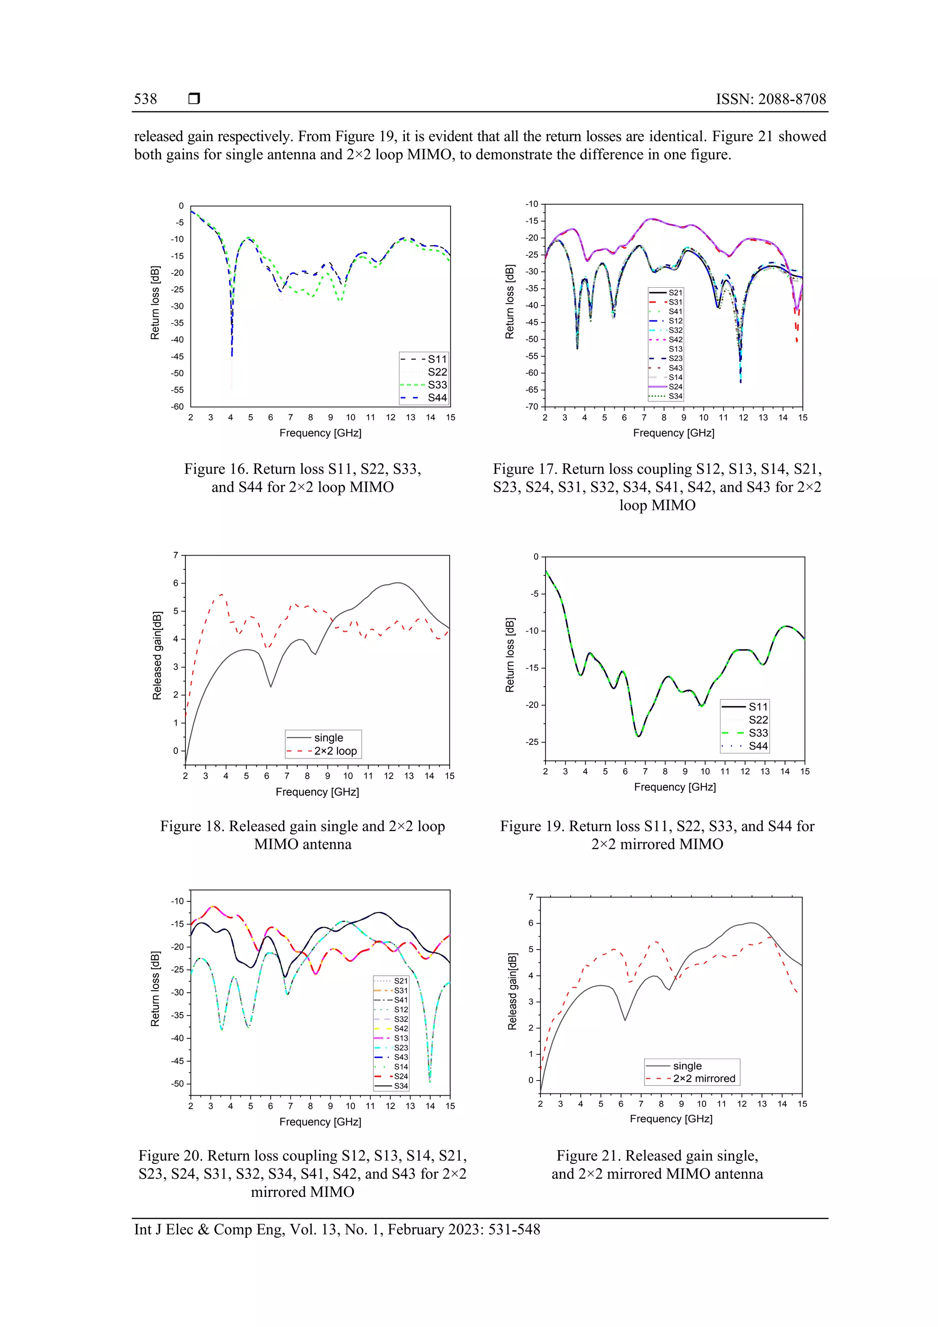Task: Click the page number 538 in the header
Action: (x=145, y=99)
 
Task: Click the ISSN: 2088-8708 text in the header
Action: (x=770, y=99)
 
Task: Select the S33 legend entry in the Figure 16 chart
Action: (x=437, y=385)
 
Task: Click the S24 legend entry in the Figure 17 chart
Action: (x=675, y=387)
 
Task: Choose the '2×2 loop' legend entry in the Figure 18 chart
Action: (x=335, y=751)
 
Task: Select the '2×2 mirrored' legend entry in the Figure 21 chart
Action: (x=703, y=1078)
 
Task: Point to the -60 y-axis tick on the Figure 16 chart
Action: (x=177, y=407)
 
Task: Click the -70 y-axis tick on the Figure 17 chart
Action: (x=531, y=407)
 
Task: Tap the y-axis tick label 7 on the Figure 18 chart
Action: (x=176, y=556)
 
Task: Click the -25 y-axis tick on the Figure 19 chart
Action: (x=531, y=742)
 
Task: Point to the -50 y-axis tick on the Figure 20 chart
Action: (x=177, y=1084)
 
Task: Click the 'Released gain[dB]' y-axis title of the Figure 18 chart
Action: (x=157, y=655)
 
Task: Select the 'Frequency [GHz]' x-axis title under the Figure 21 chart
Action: (x=671, y=1119)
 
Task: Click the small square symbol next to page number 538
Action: (x=194, y=99)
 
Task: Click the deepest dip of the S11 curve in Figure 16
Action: (x=232, y=355)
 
